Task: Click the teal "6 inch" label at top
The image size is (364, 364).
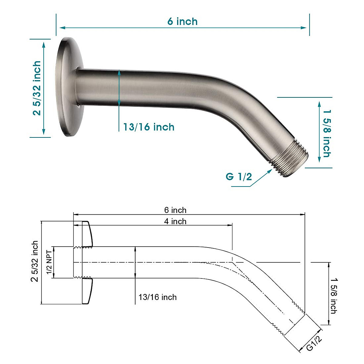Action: click(x=182, y=22)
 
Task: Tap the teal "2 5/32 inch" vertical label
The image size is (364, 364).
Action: click(x=37, y=88)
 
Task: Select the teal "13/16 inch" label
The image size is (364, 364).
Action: click(x=149, y=127)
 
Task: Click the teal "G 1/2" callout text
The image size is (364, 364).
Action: click(x=239, y=176)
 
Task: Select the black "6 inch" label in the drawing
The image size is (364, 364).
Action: click(x=175, y=210)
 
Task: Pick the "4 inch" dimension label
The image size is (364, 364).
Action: click(x=175, y=221)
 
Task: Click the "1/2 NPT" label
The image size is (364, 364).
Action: click(x=49, y=262)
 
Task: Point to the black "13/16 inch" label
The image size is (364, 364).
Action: click(x=157, y=297)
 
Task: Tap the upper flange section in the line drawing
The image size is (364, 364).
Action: click(x=86, y=234)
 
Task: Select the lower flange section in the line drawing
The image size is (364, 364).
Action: click(x=86, y=291)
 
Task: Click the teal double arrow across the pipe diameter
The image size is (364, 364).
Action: click(x=119, y=88)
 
